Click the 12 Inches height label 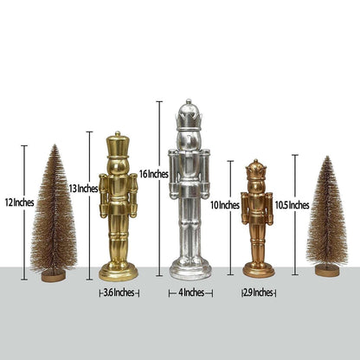pos(20,202)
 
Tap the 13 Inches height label pos(83,189)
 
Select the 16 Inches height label pos(154,174)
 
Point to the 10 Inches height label pos(225,205)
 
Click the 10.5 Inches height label pos(292,205)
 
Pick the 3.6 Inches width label pos(119,292)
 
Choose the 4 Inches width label pos(191,292)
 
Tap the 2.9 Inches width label pos(258,292)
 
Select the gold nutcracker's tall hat pos(118,145)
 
